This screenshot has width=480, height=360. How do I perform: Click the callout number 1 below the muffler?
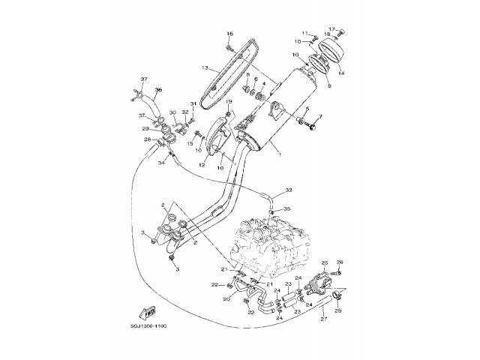[280, 154]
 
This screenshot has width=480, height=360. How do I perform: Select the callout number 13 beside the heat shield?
[204, 67]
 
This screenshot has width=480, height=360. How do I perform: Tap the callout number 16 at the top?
[229, 34]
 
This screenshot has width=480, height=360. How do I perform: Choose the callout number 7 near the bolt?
[319, 117]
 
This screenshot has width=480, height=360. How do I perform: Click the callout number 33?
[289, 190]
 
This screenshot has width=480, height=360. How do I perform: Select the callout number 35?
[286, 209]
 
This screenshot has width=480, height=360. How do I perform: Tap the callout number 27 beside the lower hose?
[324, 319]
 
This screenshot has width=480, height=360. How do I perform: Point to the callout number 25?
[325, 262]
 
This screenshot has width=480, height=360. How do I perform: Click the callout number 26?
[340, 262]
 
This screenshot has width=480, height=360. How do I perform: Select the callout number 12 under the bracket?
[202, 165]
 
